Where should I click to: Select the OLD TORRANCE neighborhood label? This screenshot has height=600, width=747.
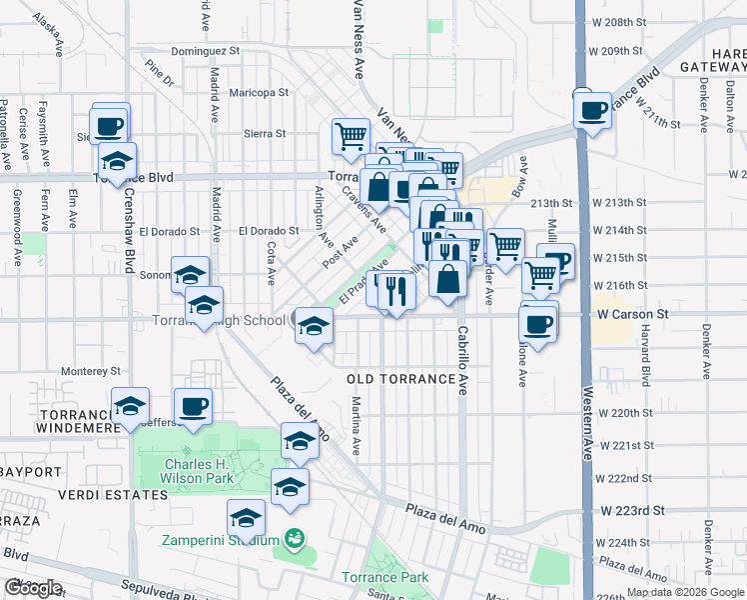point(399,380)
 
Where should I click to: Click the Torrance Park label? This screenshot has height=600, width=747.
point(384,577)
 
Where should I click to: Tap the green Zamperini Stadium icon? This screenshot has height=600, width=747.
point(294,539)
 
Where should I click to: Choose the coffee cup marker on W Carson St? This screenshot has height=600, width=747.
point(538,325)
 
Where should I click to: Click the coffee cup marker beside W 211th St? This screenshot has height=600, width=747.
point(592,109)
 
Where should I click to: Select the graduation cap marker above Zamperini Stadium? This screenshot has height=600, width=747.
point(246,519)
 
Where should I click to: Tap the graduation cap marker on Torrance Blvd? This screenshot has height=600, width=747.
point(117,161)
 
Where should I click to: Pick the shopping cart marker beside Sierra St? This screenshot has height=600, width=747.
point(351,135)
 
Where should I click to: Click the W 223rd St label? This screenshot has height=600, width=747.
point(632,510)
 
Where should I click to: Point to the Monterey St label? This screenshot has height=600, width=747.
point(91,370)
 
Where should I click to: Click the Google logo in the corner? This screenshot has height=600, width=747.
point(33,588)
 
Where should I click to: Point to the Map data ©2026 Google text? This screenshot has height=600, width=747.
point(685,592)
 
